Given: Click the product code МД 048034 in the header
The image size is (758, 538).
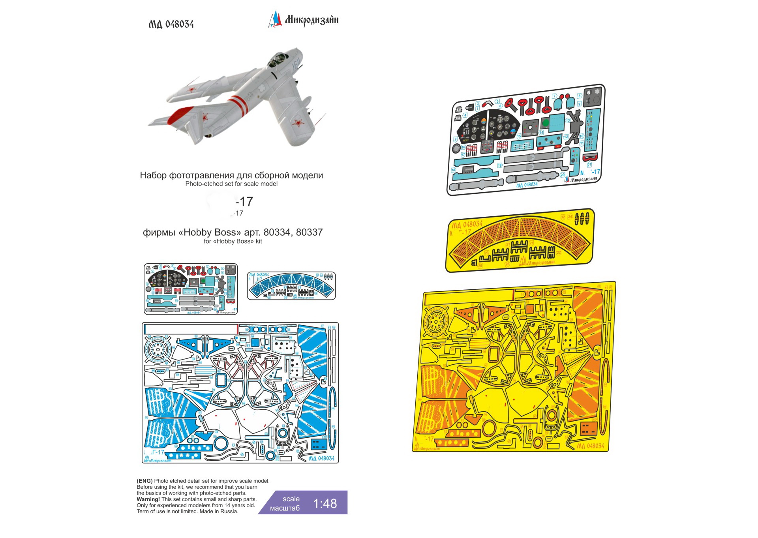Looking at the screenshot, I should coord(171,24).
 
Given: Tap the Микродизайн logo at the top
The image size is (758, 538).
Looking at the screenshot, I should coord(303,20).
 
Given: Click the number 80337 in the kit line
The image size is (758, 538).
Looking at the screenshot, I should coord(310,232).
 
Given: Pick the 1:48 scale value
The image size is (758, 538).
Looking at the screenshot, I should coord(325,503).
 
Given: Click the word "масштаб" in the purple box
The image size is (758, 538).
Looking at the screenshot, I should coord(285,508).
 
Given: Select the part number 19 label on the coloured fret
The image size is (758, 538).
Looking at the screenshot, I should coord(500,165).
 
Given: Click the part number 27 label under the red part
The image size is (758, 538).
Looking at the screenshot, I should coord(589,165).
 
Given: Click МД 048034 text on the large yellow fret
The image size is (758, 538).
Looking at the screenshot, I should coord(590,446).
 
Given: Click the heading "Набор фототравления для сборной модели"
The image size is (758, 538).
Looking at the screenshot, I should coord(231,175).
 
